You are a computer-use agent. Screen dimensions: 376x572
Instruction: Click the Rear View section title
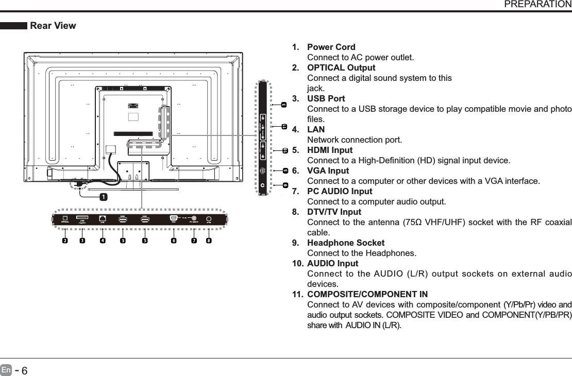pos(53,26)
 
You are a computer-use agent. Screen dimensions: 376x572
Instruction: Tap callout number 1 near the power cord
pos(104,197)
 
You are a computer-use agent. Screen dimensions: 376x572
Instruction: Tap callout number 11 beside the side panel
pos(284,126)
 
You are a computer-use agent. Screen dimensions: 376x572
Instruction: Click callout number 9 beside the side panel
pos(285,185)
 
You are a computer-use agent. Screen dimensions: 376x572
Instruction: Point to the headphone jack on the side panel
pos(263,184)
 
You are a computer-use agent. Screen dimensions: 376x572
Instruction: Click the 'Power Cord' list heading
pos(331,47)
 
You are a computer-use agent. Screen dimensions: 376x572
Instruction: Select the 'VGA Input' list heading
pos(328,171)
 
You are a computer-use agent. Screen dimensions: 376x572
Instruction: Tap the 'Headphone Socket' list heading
pos(345,243)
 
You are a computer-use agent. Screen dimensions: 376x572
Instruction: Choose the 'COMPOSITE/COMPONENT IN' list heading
pos(367,295)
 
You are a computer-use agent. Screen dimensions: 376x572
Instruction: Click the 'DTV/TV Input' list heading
pos(334,212)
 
